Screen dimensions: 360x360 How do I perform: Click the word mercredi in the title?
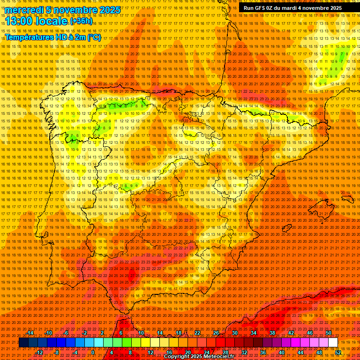(23, 10)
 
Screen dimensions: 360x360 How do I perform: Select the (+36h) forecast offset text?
(82, 21)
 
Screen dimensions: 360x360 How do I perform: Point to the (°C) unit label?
(93, 37)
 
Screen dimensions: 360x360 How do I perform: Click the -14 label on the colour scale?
(30, 333)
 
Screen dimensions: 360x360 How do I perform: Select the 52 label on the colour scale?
(338, 352)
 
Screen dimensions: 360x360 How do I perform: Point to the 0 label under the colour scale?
(93, 352)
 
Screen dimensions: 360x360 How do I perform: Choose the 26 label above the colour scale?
(216, 333)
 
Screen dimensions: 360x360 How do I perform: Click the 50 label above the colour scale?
(328, 333)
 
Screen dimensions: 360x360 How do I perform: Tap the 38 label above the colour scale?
(272, 333)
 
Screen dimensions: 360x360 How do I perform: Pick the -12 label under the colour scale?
(39, 352)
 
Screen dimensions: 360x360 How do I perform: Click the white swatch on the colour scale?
(333, 343)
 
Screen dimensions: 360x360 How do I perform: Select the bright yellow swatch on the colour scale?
(145, 343)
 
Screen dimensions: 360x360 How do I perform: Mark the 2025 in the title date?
(110, 10)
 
